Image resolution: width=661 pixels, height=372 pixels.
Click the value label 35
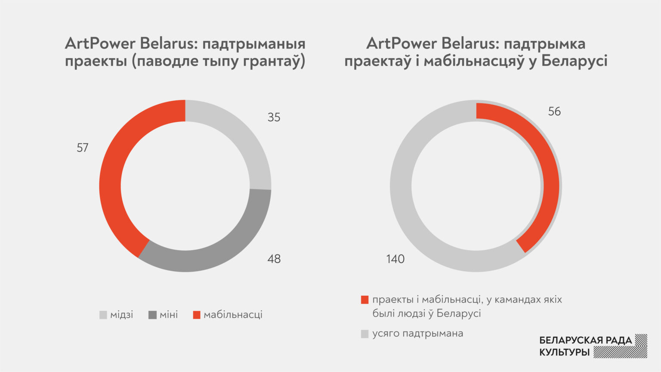[274, 117]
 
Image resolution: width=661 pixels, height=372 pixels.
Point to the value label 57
[82, 148]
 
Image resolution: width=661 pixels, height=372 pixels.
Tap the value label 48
[274, 259]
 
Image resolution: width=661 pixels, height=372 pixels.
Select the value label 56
[554, 112]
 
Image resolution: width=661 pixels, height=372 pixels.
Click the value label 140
[395, 259]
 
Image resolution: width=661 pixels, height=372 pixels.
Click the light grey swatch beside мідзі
[103, 315]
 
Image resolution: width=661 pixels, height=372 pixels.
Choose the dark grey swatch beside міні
[152, 315]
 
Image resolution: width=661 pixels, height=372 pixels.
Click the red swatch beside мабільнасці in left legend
[197, 315]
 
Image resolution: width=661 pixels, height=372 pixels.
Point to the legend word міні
[169, 315]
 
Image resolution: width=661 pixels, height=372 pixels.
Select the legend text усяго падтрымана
[417, 334]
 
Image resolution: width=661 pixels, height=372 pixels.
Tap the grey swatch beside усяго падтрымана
[365, 334]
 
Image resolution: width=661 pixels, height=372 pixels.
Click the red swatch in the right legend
[365, 300]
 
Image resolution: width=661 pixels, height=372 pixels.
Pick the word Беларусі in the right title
[575, 61]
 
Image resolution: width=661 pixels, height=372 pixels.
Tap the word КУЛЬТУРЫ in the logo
[565, 352]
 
